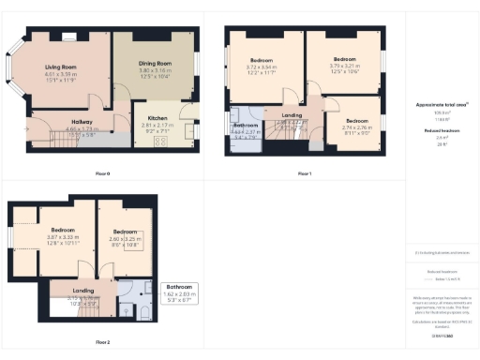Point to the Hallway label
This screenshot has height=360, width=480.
(82, 123)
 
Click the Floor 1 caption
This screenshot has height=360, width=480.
(305, 174)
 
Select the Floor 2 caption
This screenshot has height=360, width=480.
(102, 342)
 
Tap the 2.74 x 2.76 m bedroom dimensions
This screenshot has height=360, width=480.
(356, 128)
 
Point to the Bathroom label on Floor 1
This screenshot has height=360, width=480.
(247, 125)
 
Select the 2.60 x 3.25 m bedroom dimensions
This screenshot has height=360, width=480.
(127, 239)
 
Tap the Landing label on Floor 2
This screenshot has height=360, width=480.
(82, 291)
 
